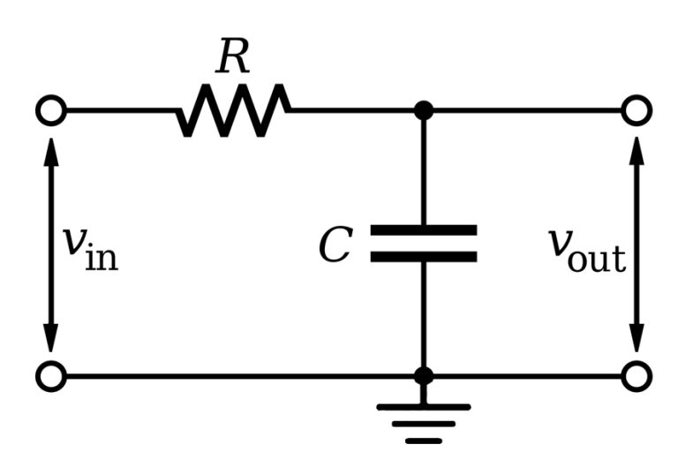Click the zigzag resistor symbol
click(234, 111)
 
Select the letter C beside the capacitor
click(335, 245)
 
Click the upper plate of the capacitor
click(424, 230)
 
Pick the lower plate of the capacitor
click(424, 257)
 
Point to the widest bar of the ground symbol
click(424, 408)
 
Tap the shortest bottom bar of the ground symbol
click(424, 440)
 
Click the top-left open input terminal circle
click(51, 111)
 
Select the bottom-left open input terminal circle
click(51, 376)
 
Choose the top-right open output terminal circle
click(636, 111)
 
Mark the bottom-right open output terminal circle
click(636, 376)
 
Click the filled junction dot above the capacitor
click(424, 111)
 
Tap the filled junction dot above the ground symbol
click(424, 376)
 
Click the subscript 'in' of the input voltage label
click(102, 257)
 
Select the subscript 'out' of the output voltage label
click(598, 259)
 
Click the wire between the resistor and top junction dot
click(353, 111)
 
